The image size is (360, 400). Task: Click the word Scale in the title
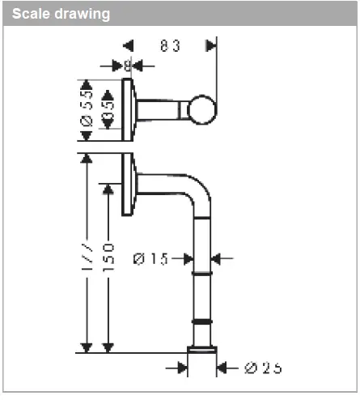click(x=32, y=15)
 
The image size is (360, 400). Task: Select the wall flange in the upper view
click(x=128, y=109)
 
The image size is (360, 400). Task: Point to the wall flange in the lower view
click(x=127, y=185)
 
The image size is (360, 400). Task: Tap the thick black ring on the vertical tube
click(x=203, y=321)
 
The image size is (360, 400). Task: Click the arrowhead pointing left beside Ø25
click(x=224, y=368)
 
